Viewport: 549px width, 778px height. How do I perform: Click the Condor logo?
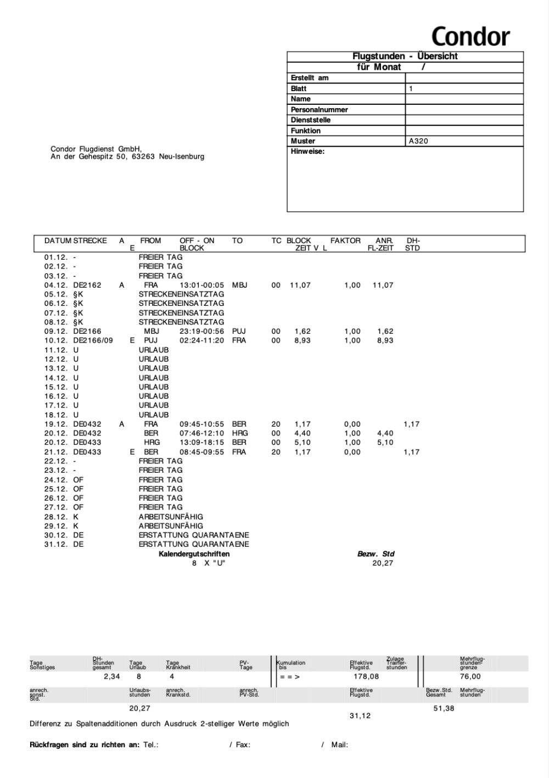point(470,36)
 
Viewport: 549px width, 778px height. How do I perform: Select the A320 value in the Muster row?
point(418,141)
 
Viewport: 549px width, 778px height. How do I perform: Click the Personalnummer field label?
point(319,109)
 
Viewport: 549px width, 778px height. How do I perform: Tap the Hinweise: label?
point(307,152)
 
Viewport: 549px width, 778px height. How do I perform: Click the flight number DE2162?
point(87,285)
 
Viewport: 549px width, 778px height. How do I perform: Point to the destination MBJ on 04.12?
point(239,285)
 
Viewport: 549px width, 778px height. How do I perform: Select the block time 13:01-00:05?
point(202,285)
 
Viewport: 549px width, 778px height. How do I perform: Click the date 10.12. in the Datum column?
point(55,340)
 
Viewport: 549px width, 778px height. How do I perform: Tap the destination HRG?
point(240,433)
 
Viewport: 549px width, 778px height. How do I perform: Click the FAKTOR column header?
point(345,240)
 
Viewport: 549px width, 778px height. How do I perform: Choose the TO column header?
point(237,240)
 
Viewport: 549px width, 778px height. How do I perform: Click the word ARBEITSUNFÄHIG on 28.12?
point(171,517)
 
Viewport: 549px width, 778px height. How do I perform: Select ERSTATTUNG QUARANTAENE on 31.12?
point(194,544)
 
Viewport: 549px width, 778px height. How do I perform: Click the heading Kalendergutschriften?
point(194,554)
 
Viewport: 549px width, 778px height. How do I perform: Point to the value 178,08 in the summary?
point(366,676)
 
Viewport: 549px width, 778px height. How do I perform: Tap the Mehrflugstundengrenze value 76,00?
point(470,676)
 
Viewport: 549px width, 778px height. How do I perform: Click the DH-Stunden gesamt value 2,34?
point(112,676)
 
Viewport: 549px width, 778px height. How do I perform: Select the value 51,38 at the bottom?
point(444,708)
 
